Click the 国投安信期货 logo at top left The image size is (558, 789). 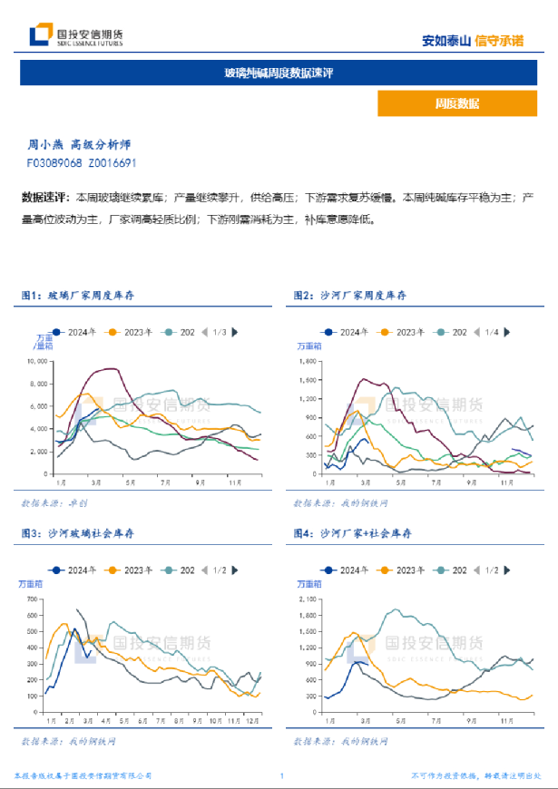pos(76,35)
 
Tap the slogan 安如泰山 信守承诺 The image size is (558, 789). pos(473,40)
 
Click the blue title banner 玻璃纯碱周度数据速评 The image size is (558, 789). pos(279,73)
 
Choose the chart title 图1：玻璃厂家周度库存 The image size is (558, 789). pos(77,295)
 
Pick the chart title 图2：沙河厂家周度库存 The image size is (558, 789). pos(350,295)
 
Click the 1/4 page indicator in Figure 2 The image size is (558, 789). pos(491,332)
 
